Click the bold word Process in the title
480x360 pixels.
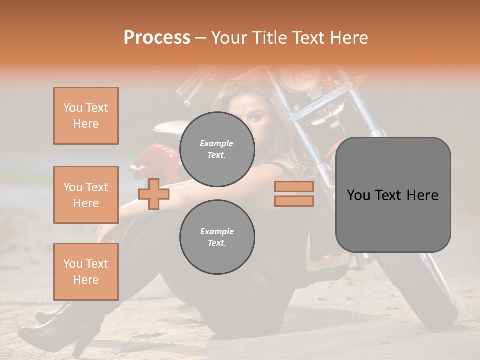click(157, 37)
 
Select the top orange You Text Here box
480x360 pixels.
click(86, 116)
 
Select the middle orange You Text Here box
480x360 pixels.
click(86, 195)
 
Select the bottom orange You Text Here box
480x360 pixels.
click(86, 272)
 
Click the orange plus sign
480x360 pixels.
click(154, 194)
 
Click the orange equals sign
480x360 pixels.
click(294, 194)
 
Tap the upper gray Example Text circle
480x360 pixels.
click(217, 149)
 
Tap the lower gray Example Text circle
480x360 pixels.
click(217, 237)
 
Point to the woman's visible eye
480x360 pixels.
click(256, 117)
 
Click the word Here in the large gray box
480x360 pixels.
click(423, 195)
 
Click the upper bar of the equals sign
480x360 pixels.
click(294, 187)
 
